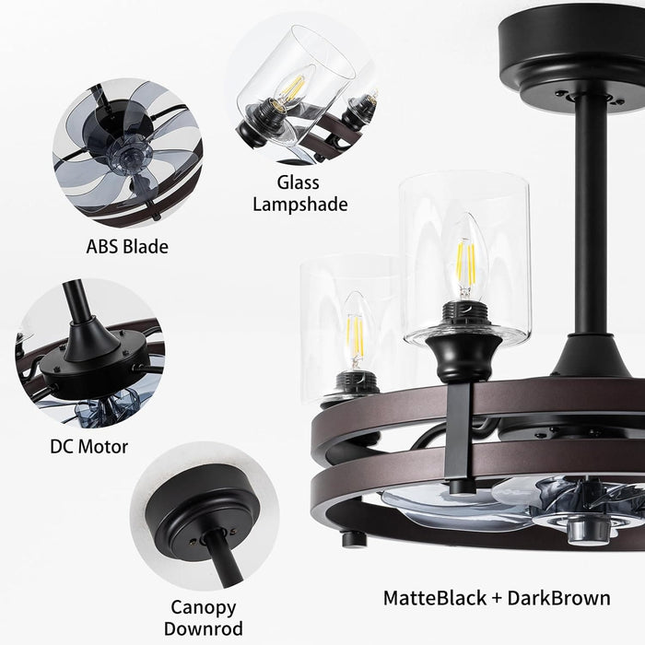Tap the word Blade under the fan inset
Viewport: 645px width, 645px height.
(146, 247)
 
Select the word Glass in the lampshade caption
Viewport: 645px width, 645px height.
(299, 182)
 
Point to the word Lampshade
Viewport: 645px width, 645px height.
(300, 205)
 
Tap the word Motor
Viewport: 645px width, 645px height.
(103, 447)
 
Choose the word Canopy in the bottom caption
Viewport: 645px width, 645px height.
(204, 608)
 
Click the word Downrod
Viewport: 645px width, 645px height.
(204, 629)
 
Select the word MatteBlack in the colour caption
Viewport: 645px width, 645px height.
(435, 598)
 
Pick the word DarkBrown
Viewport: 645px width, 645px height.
(558, 598)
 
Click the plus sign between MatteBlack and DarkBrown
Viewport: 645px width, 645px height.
(497, 599)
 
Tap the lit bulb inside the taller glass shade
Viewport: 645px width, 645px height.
(465, 257)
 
